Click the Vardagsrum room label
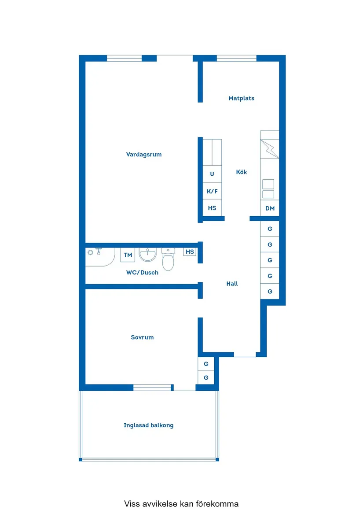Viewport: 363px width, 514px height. (144, 155)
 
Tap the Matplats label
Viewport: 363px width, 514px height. (241, 98)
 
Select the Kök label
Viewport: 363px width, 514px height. (242, 172)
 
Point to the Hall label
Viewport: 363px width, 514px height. (232, 284)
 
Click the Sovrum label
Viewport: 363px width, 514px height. (142, 337)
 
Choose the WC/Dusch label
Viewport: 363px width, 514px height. (142, 273)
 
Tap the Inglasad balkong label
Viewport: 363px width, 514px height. (148, 425)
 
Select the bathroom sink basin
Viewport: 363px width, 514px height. (147, 255)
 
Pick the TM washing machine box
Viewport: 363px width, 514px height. (128, 255)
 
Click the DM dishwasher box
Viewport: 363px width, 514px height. (270, 208)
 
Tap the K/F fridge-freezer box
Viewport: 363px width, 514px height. (212, 191)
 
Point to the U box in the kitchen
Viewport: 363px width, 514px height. (212, 174)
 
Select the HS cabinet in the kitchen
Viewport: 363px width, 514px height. (212, 208)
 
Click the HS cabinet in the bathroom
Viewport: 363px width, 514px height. (190, 252)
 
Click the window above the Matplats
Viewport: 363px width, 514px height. (236, 58)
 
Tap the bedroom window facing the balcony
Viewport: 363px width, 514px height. (152, 388)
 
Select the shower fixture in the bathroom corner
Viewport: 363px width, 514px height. (95, 252)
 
